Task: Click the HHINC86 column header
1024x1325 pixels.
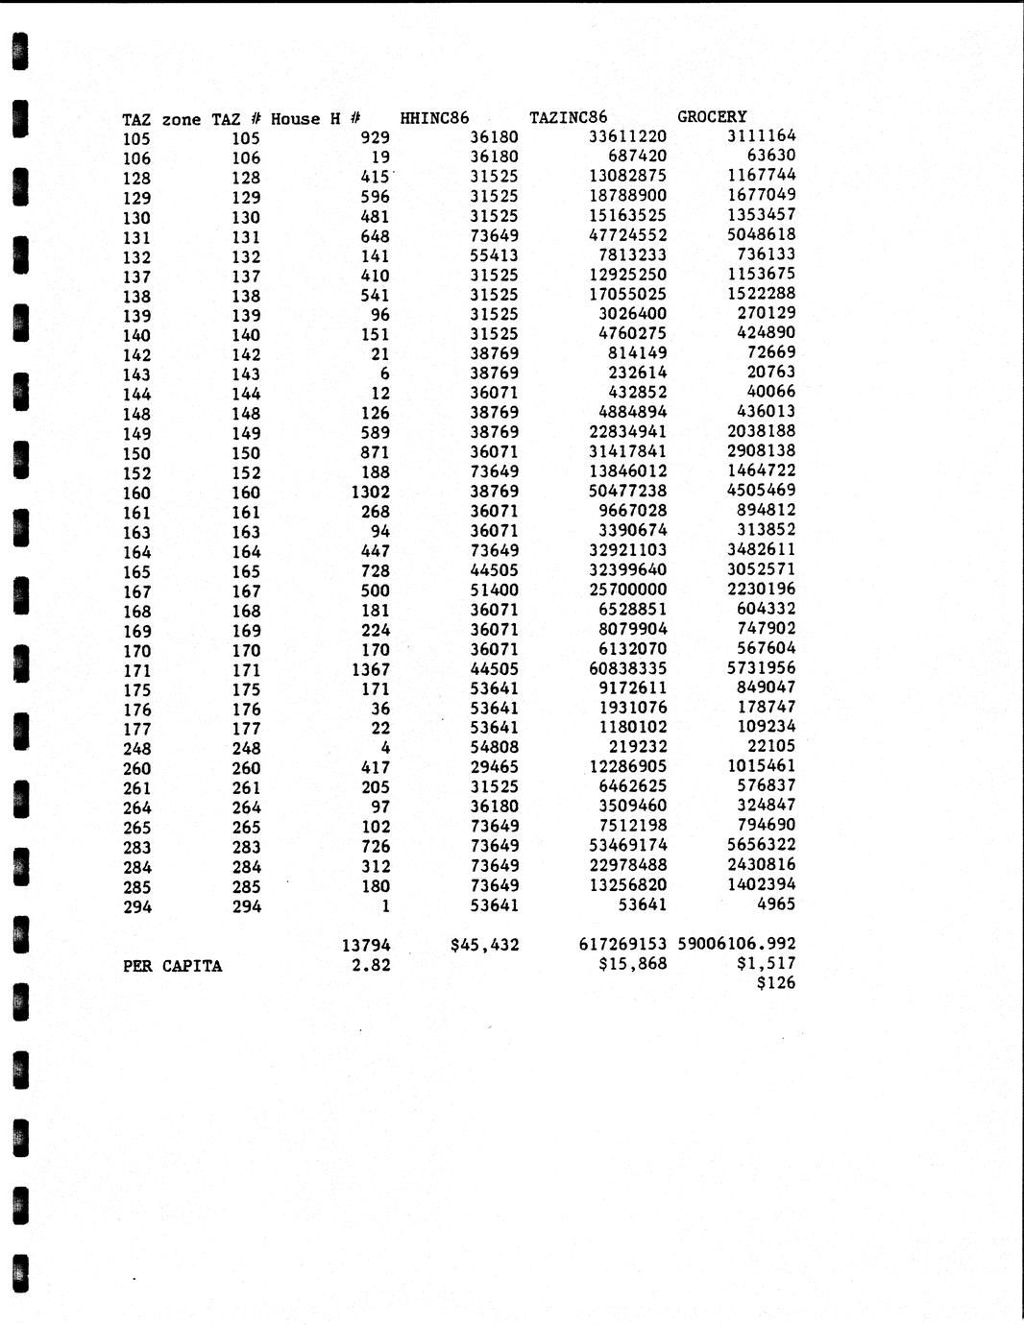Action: pyautogui.click(x=434, y=118)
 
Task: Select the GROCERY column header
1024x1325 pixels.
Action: pyautogui.click(x=712, y=117)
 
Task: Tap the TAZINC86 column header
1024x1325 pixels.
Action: pyautogui.click(x=569, y=118)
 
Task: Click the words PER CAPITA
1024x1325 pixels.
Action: pyautogui.click(x=172, y=966)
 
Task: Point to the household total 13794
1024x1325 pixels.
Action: pyautogui.click(x=366, y=946)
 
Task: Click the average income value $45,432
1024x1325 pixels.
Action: pyautogui.click(x=484, y=945)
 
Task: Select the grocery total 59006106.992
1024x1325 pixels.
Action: pyautogui.click(x=737, y=944)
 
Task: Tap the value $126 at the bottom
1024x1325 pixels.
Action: pyautogui.click(x=776, y=983)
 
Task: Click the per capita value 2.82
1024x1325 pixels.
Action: pyautogui.click(x=371, y=965)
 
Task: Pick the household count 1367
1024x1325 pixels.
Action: pyautogui.click(x=371, y=669)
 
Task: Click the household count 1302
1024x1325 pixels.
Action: pyautogui.click(x=371, y=493)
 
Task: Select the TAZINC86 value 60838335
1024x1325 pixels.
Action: pyautogui.click(x=627, y=668)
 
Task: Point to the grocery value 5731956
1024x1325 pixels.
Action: pyautogui.click(x=761, y=667)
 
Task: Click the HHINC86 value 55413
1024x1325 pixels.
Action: pyautogui.click(x=494, y=255)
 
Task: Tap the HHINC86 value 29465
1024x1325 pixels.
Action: pyautogui.click(x=494, y=767)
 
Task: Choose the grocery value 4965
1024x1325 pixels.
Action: pyautogui.click(x=776, y=903)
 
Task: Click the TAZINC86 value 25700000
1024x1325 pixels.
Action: pyautogui.click(x=627, y=590)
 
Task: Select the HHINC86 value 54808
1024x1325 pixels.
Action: pyautogui.click(x=494, y=747)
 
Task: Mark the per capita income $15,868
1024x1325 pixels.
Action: pyautogui.click(x=632, y=963)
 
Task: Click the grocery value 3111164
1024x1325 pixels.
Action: pyautogui.click(x=761, y=136)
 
